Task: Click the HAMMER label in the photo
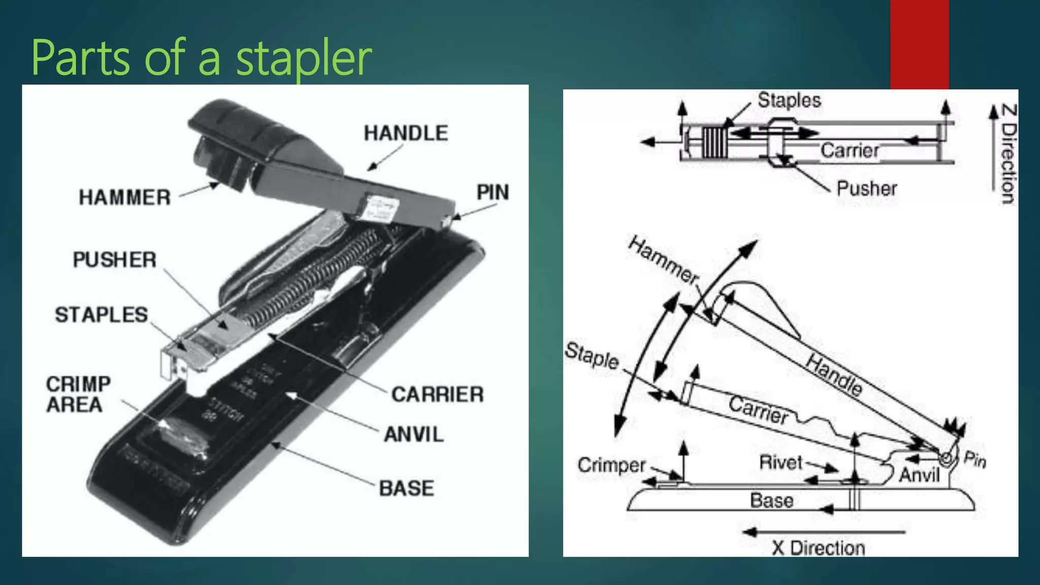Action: [124, 197]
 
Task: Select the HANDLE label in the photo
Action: [406, 133]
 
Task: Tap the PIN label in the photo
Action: [492, 192]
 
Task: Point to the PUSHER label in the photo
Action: [115, 259]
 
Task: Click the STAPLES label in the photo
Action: [102, 315]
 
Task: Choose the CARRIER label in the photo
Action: [437, 395]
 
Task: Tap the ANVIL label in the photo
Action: [413, 435]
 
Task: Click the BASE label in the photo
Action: [406, 488]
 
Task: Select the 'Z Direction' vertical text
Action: [1008, 154]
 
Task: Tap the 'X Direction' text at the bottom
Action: [818, 548]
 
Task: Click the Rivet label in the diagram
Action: [781, 462]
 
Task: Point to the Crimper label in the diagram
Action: [611, 465]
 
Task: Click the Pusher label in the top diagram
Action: [866, 188]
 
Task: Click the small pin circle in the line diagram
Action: [946, 459]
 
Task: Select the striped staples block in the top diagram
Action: [715, 142]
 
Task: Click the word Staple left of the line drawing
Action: [592, 355]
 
